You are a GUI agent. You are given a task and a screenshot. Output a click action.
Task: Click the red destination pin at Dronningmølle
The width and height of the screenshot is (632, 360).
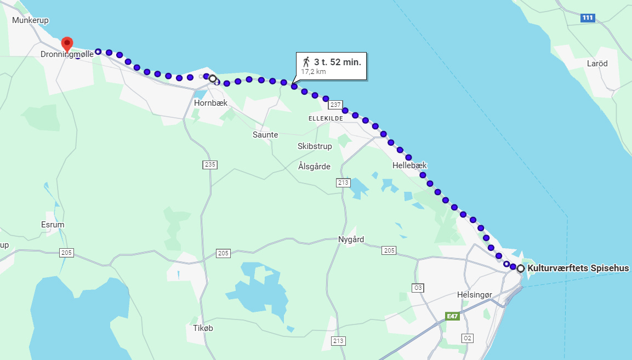pos(67,43)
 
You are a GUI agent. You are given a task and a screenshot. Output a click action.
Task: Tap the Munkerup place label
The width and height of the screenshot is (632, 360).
pos(31,20)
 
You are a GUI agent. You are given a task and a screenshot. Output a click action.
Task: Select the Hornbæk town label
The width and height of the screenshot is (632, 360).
pos(210,102)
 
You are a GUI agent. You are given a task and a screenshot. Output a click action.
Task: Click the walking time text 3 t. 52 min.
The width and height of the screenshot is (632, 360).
pos(337,62)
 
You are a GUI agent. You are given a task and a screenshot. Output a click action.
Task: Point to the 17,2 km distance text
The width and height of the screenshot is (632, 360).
pos(314,71)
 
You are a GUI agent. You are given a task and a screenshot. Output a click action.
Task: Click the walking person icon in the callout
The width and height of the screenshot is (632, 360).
pos(306,62)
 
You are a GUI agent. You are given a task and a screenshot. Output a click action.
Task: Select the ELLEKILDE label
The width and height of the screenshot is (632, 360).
pos(326,118)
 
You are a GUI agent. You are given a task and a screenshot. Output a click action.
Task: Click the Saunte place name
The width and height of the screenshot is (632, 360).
pos(265,134)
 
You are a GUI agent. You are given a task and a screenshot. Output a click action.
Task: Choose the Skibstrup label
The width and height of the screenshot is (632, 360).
pos(315,146)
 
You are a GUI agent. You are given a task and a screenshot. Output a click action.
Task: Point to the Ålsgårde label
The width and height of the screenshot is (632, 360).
pos(315,166)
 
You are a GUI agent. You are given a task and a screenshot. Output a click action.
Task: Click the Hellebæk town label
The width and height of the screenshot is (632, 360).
pos(409,165)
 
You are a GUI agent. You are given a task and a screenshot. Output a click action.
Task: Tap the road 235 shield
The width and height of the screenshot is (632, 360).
pos(209,164)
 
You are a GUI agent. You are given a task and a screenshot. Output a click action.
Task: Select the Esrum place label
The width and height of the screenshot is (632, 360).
pos(53,225)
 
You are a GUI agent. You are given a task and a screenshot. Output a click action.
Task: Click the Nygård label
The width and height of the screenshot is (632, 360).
pos(351,239)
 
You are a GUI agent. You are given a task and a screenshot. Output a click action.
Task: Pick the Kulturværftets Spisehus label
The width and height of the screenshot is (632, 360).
pos(578,268)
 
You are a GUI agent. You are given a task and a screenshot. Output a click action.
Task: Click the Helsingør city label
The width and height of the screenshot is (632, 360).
pos(475,295)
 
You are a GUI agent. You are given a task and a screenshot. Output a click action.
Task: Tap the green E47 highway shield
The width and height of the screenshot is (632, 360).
pos(452,316)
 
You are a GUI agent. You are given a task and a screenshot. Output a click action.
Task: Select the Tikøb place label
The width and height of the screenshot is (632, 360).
pos(203,328)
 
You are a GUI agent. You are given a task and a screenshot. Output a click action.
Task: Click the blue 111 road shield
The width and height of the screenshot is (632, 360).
pos(588,18)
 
